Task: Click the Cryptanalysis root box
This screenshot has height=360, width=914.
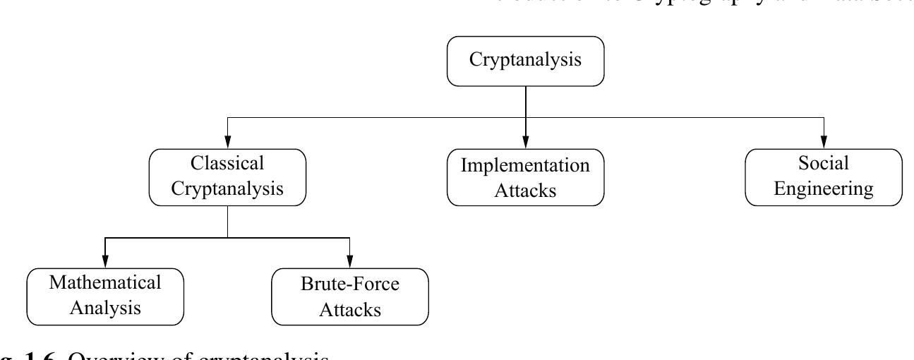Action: point(526,61)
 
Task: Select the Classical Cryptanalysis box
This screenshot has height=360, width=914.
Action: point(227,176)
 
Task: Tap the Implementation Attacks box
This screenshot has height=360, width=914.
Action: point(526,178)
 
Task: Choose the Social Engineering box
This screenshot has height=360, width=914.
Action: point(824,176)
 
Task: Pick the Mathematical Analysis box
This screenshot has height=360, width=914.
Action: point(104,295)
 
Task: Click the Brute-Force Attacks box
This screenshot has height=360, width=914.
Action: point(350,295)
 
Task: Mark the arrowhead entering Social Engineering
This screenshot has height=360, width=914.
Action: point(824,143)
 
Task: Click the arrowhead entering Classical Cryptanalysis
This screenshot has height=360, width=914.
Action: point(227,143)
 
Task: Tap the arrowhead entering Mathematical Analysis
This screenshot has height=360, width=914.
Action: point(104,263)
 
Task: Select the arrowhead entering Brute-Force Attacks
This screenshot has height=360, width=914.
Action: point(350,263)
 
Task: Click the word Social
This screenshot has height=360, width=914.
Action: point(824,164)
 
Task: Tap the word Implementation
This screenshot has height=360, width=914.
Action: point(526,166)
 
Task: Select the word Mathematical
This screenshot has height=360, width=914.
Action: point(104,282)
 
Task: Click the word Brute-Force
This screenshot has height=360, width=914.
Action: point(350,284)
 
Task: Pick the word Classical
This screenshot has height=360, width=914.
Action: point(227,164)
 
